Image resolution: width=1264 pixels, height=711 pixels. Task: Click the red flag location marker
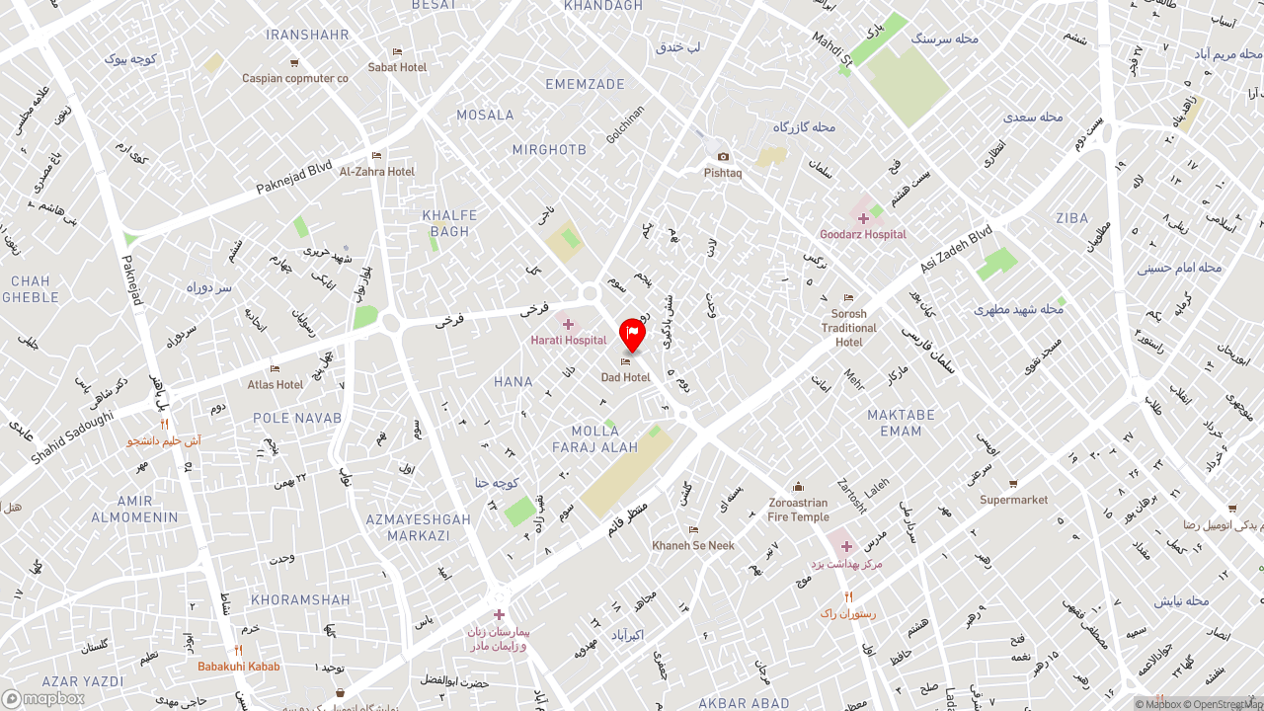click(x=632, y=334)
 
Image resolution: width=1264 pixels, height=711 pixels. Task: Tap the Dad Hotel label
click(x=625, y=377)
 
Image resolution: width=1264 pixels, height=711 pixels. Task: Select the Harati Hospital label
click(x=568, y=340)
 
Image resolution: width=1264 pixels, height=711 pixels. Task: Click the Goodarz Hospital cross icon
click(x=863, y=218)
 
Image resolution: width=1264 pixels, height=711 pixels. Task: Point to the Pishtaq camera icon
click(x=723, y=157)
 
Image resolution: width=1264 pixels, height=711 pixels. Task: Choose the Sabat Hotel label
click(x=397, y=67)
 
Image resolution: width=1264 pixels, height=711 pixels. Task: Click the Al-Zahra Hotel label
click(x=376, y=171)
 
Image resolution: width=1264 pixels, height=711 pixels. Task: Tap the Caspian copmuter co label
click(x=294, y=78)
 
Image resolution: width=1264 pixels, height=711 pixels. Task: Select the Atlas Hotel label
click(x=276, y=384)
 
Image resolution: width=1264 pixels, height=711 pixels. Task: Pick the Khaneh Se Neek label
click(x=692, y=545)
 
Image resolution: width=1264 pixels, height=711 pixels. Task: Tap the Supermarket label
click(x=1013, y=500)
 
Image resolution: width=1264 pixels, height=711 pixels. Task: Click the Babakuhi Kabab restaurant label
click(x=238, y=667)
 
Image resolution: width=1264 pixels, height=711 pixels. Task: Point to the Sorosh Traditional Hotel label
click(x=848, y=328)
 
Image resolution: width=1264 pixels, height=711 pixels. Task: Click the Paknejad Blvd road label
click(x=294, y=176)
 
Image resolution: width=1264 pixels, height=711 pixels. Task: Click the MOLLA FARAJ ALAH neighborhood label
click(x=594, y=439)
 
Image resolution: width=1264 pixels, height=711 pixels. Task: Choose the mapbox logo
click(x=43, y=698)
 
